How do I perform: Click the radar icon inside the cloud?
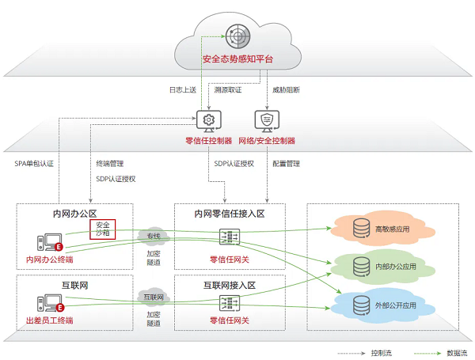coord(237,36)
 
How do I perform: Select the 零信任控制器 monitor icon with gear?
coord(208,120)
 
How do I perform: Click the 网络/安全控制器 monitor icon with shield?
coord(267,120)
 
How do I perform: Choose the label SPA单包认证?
coord(34,164)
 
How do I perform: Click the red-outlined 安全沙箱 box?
coord(102,229)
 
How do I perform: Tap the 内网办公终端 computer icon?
coord(49,242)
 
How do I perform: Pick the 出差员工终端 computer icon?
coord(49,302)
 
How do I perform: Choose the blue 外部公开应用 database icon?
coord(361,304)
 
